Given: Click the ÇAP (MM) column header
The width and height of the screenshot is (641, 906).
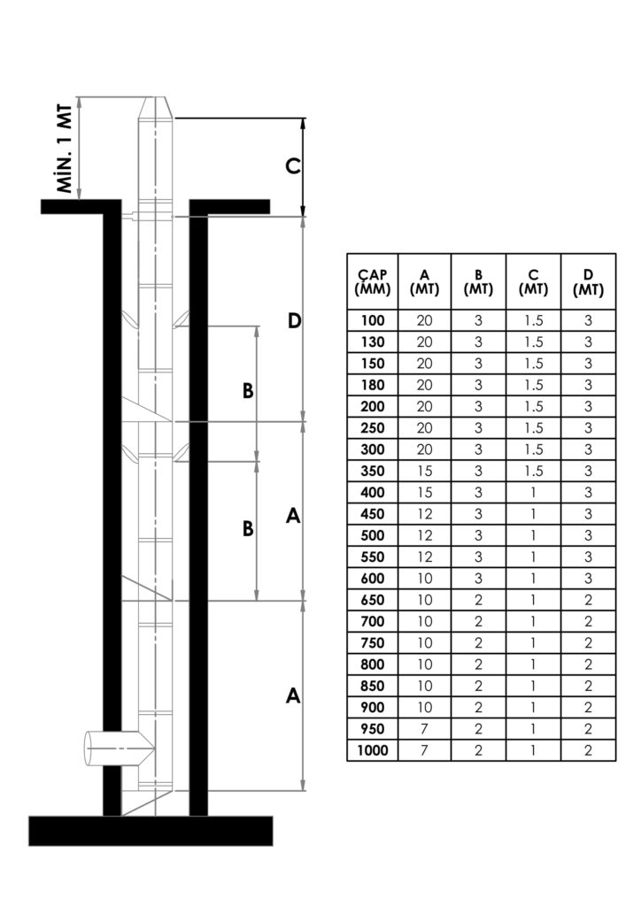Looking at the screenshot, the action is pyautogui.click(x=372, y=282).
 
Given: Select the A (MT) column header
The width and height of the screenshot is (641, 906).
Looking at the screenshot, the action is pyautogui.click(x=424, y=282).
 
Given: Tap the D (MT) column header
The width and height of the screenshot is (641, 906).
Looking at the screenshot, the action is pyautogui.click(x=589, y=282).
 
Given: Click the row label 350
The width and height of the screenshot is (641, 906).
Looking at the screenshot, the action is pyautogui.click(x=372, y=471).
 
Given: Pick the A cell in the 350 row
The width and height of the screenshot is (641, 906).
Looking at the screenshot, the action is pyautogui.click(x=424, y=471).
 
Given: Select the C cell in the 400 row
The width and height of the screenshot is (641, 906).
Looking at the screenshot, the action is pyautogui.click(x=533, y=492).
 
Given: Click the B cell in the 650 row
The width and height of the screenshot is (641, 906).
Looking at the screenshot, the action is pyautogui.click(x=478, y=600).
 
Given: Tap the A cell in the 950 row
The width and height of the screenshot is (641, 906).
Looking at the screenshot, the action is pyautogui.click(x=424, y=729).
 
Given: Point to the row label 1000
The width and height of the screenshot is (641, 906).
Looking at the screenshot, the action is pyautogui.click(x=372, y=750).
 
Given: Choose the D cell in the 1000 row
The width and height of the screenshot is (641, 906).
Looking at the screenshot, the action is pyautogui.click(x=589, y=750).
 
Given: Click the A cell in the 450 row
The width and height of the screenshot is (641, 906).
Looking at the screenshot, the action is pyautogui.click(x=424, y=514).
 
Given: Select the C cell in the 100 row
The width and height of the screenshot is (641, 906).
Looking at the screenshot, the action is pyautogui.click(x=533, y=320).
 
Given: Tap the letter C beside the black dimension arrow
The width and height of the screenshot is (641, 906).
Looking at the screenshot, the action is pyautogui.click(x=293, y=166).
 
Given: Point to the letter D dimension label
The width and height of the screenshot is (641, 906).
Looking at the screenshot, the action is pyautogui.click(x=294, y=320).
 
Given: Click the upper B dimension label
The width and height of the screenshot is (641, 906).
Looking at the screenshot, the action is pyautogui.click(x=248, y=391).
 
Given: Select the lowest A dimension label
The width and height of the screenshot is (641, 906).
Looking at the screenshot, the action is pyautogui.click(x=293, y=695).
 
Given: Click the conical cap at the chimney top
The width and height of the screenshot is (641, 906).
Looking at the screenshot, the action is pyautogui.click(x=155, y=107).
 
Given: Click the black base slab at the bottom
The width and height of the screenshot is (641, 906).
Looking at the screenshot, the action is pyautogui.click(x=151, y=831).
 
